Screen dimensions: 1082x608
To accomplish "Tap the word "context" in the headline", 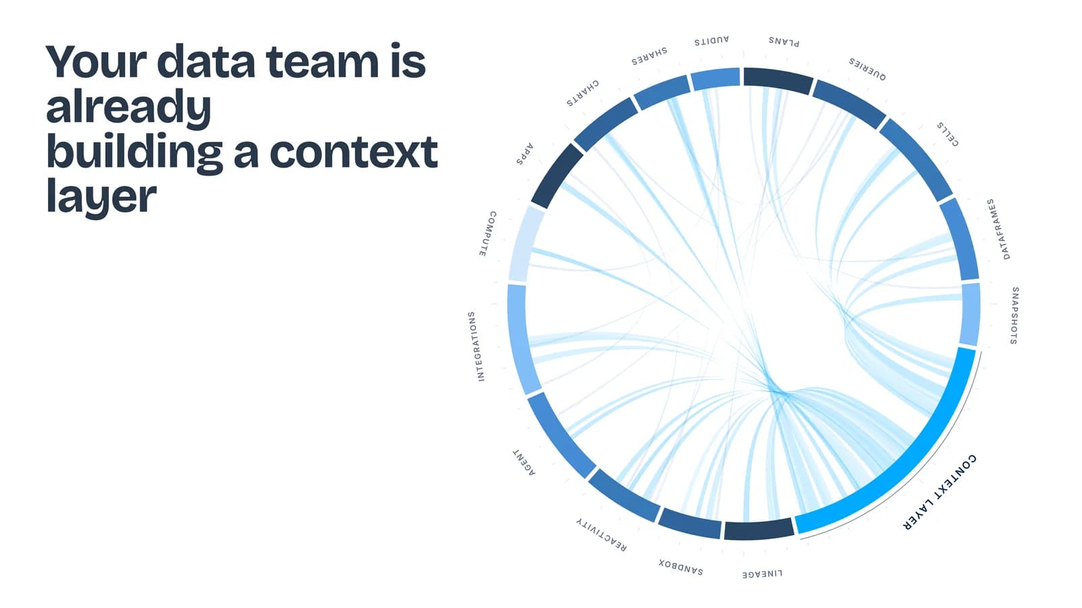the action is point(354,152).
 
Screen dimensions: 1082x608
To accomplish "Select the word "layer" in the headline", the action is point(101,197).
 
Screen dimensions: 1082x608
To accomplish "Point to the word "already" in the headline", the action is point(128,107).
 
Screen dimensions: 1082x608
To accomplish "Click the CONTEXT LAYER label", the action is point(939,492).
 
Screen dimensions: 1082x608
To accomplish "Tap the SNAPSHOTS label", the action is point(1015,315).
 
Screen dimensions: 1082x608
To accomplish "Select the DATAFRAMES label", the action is point(998,229).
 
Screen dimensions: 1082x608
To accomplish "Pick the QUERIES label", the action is point(868,69).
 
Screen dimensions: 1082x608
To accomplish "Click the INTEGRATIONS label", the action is point(476,347).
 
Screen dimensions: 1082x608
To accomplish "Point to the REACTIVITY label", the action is point(601,534).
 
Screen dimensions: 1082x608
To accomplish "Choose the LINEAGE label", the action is point(762,574).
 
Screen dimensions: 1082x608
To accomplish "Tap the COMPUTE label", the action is point(488,234).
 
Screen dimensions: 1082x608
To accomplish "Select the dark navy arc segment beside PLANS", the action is point(778,80).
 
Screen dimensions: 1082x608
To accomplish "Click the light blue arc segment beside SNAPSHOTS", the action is point(970,314).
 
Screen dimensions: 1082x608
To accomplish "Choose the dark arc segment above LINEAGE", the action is point(758,530).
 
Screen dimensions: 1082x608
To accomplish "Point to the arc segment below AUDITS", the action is point(715,78).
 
